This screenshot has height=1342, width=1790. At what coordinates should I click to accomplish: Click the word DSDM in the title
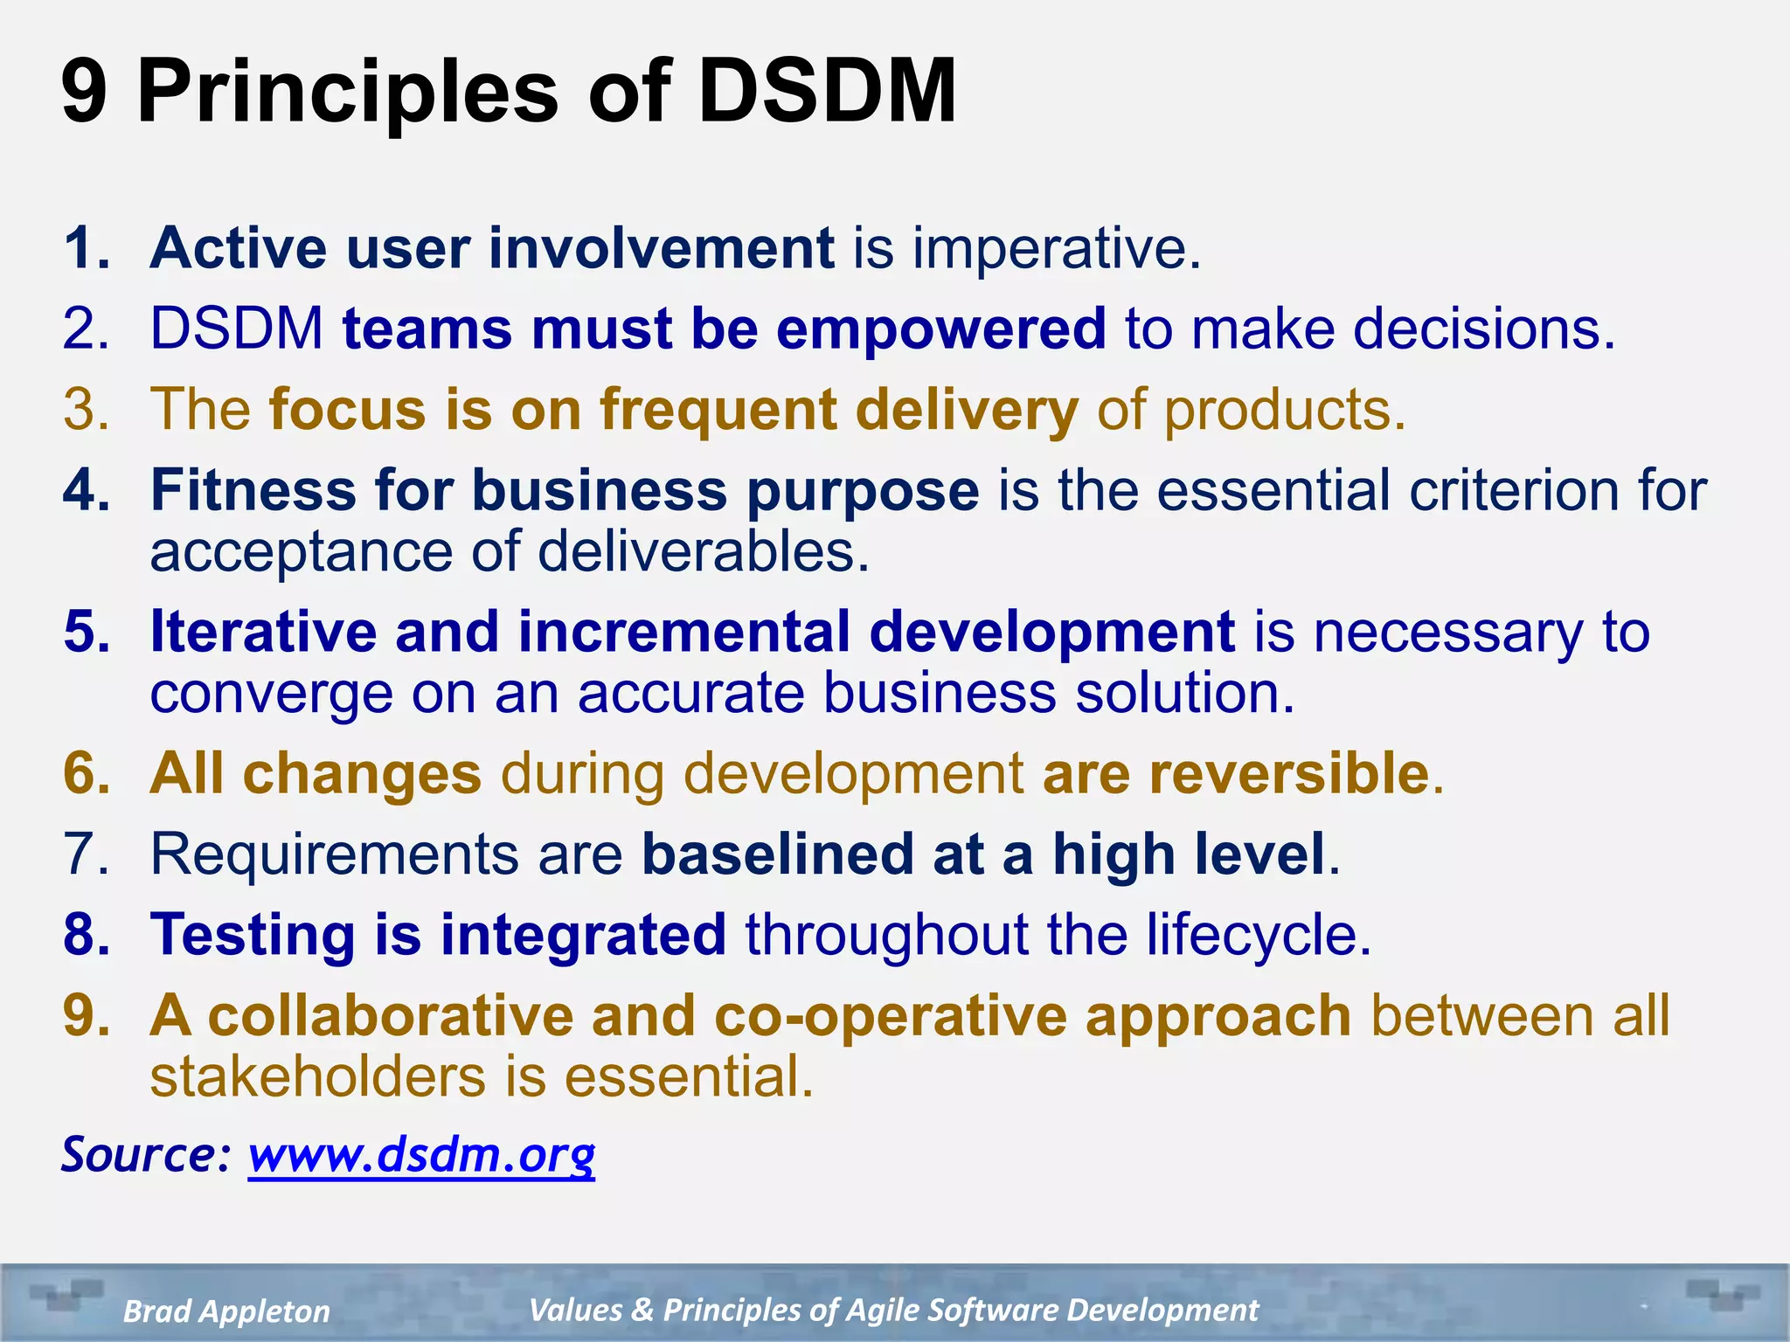click(826, 91)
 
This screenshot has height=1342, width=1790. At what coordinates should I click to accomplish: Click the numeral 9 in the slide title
click(85, 91)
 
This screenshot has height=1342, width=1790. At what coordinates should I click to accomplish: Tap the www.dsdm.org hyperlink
click(421, 1155)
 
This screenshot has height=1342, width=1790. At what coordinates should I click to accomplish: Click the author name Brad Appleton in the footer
click(226, 1311)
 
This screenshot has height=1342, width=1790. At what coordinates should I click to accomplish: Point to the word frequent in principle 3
click(718, 411)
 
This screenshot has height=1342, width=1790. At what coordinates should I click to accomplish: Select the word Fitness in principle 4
click(253, 490)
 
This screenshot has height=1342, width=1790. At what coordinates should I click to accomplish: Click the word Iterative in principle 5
click(263, 632)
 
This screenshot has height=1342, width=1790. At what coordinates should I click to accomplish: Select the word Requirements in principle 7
click(334, 854)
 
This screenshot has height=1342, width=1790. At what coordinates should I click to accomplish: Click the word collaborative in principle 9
click(390, 1016)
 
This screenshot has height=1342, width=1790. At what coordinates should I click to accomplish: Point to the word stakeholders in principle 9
click(317, 1077)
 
